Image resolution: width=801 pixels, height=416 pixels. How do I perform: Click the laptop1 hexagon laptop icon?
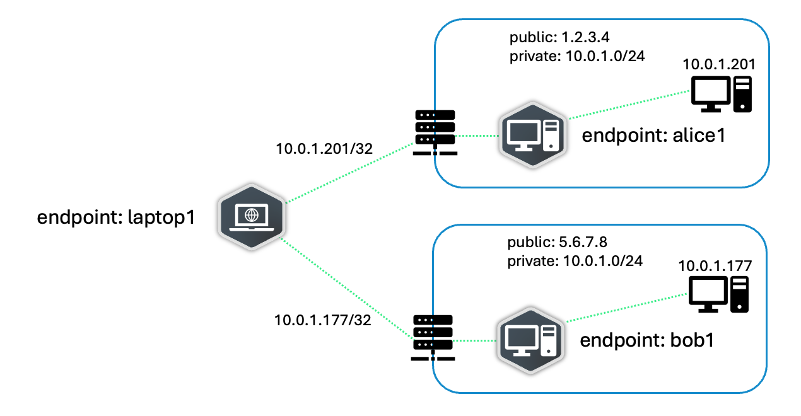click(252, 216)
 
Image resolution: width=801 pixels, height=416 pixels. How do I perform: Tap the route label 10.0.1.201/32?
click(324, 149)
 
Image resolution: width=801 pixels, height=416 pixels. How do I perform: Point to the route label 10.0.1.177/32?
click(322, 319)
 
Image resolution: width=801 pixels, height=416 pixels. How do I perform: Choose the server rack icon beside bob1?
click(433, 338)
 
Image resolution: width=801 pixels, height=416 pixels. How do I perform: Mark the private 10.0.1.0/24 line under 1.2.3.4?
click(576, 55)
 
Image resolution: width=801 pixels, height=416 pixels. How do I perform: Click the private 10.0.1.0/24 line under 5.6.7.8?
click(575, 260)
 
